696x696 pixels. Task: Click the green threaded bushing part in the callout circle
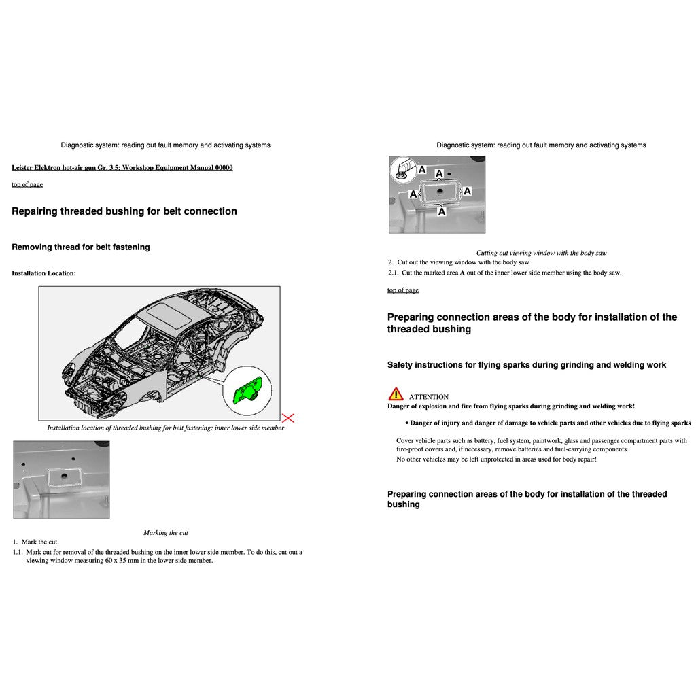245,392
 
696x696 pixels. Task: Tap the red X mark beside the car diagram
288,417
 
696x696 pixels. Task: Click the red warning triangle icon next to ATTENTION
396,394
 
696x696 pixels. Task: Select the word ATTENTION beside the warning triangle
428,397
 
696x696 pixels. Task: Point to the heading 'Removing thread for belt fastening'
81,247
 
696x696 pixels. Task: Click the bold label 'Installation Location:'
43,273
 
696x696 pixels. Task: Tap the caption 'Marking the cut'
165,533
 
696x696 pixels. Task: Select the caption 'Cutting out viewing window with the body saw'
541,253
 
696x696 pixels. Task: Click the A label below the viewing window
442,212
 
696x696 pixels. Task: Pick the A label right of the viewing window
468,191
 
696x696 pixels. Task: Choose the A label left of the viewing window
413,194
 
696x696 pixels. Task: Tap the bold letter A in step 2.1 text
462,273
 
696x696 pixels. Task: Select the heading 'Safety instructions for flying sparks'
526,365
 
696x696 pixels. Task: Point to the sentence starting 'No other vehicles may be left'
496,459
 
